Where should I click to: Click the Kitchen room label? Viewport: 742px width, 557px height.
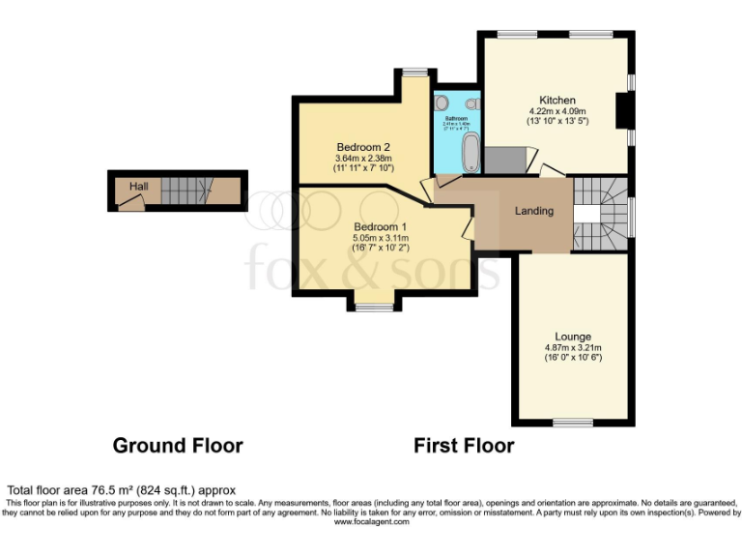coord(557,101)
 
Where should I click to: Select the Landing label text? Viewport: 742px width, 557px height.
coord(534,211)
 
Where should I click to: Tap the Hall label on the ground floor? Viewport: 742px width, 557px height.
coord(139,186)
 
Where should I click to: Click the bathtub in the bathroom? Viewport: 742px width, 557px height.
coord(471,152)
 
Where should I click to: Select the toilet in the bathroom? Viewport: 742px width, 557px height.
coord(472,103)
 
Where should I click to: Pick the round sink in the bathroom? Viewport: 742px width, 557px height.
coord(442,103)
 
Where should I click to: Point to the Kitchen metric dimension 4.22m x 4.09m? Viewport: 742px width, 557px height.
coord(557,112)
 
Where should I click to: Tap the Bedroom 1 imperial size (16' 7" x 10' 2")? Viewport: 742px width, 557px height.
coord(380,249)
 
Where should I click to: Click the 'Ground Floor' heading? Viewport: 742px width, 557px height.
coord(178,446)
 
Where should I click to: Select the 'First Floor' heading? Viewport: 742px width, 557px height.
coord(464,446)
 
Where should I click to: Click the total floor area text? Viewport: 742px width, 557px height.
coord(122,490)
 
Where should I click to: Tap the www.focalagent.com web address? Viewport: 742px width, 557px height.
coord(372,521)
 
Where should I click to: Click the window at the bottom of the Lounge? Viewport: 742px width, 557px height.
coord(573,423)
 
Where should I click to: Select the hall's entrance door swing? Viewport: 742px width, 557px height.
coord(131,201)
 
